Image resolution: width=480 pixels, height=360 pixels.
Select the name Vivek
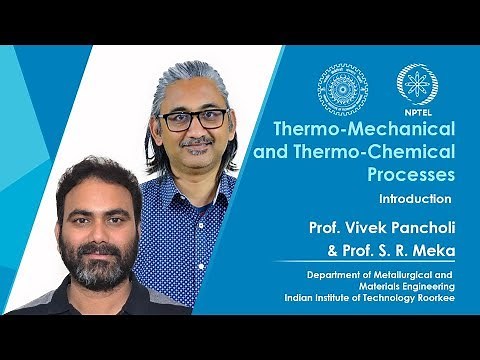point(357,229)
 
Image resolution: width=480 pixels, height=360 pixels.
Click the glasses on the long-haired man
point(195,119)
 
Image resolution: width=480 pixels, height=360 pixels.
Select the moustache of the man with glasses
point(197,142)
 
